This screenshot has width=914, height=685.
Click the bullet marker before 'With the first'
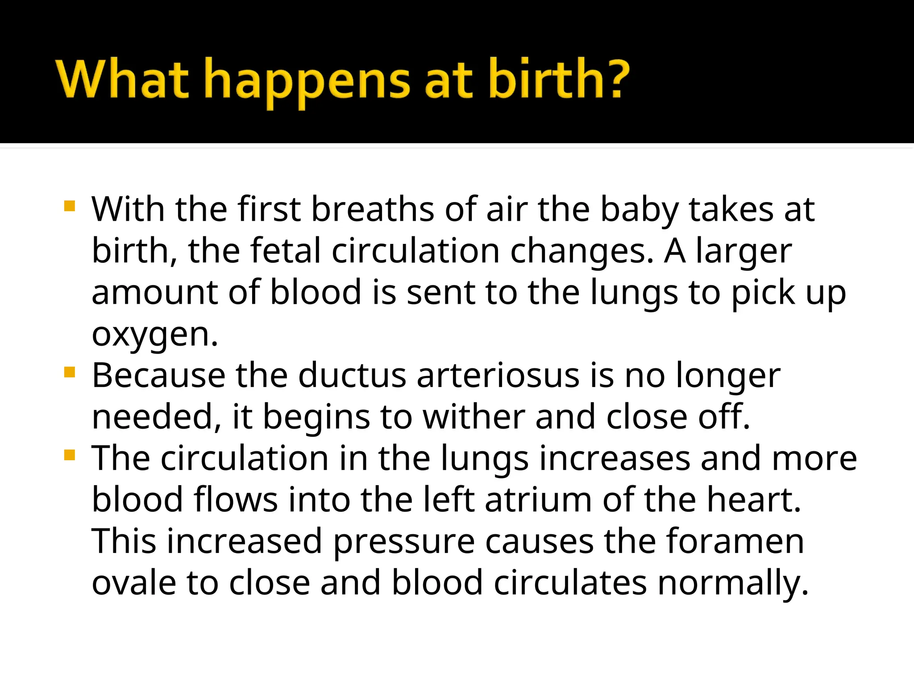pyautogui.click(x=70, y=206)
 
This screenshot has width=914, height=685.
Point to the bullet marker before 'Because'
pyautogui.click(x=70, y=372)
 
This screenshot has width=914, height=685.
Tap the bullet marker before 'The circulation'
pyautogui.click(x=70, y=455)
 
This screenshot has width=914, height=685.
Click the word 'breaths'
pyautogui.click(x=372, y=209)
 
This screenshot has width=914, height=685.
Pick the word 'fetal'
pyautogui.click(x=286, y=251)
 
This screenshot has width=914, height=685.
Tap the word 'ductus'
pyautogui.click(x=352, y=376)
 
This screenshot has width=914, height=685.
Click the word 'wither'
pyautogui.click(x=474, y=417)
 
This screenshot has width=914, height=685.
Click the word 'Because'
pyautogui.click(x=158, y=376)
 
